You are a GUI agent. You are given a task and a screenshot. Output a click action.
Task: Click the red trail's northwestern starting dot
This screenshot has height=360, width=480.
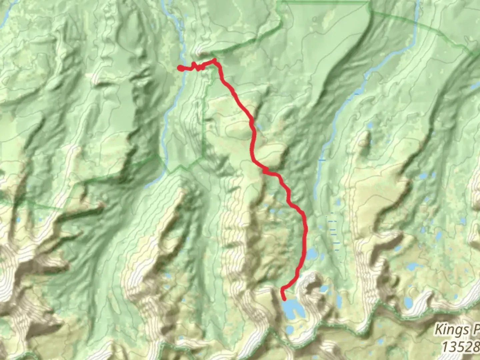180,68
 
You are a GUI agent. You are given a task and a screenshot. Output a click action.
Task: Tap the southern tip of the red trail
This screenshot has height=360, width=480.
284,299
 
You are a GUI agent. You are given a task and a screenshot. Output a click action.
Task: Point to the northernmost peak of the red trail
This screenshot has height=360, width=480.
214,60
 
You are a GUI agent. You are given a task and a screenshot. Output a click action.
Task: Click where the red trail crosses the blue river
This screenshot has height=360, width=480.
184,68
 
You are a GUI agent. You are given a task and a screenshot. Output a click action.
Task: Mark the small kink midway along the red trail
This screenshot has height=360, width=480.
265,171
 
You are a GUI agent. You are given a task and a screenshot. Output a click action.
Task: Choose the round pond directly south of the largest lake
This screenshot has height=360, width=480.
290,330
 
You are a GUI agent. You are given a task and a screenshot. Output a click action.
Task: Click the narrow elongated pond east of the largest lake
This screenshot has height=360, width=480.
339,302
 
